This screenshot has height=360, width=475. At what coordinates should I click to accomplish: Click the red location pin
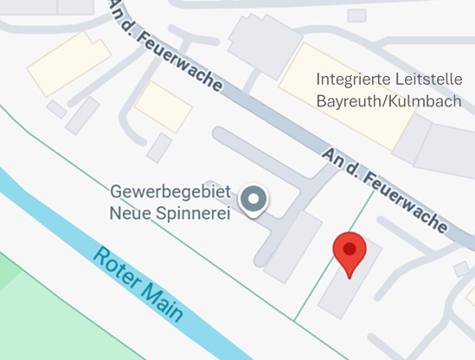(x=349, y=253)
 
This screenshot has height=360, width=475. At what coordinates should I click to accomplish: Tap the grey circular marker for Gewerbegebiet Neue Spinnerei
(x=254, y=200)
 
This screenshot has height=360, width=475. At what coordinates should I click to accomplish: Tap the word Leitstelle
(x=428, y=79)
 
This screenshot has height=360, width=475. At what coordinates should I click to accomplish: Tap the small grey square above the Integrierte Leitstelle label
(x=356, y=16)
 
